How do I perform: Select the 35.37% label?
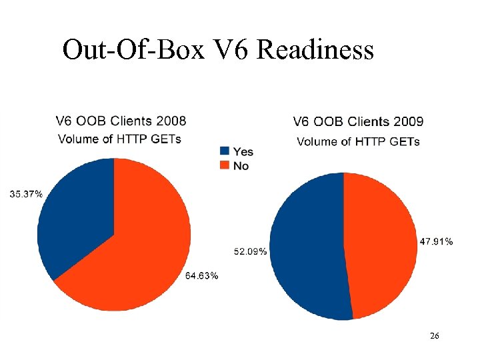(26, 194)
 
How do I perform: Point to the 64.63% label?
(200, 276)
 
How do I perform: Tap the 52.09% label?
(251, 251)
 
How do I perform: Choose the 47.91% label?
(436, 241)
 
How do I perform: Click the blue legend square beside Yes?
(225, 151)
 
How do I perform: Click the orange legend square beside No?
(225, 165)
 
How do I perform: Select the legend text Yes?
(243, 151)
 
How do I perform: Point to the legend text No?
(241, 165)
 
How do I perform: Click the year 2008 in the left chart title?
(170, 121)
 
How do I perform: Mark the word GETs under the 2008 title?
(165, 139)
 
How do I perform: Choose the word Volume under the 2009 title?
(317, 141)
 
